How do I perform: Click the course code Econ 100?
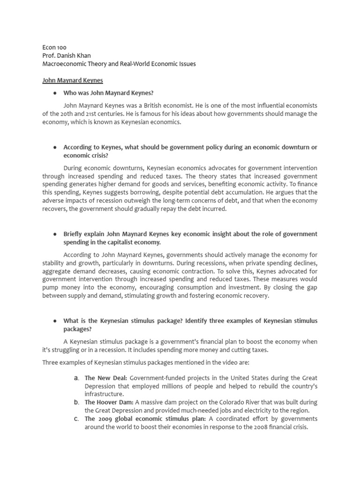(x=54, y=47)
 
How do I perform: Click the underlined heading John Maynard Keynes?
(x=72, y=80)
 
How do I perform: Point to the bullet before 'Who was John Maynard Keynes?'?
(x=55, y=93)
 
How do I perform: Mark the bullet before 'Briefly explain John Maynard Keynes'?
(x=55, y=234)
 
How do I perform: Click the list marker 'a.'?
(x=76, y=377)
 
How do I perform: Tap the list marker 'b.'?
(x=76, y=402)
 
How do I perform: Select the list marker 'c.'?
(x=76, y=419)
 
